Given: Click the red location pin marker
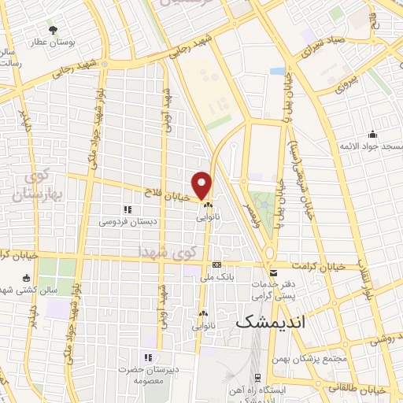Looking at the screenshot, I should (202, 184).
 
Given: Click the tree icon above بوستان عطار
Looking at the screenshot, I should (53, 31).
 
